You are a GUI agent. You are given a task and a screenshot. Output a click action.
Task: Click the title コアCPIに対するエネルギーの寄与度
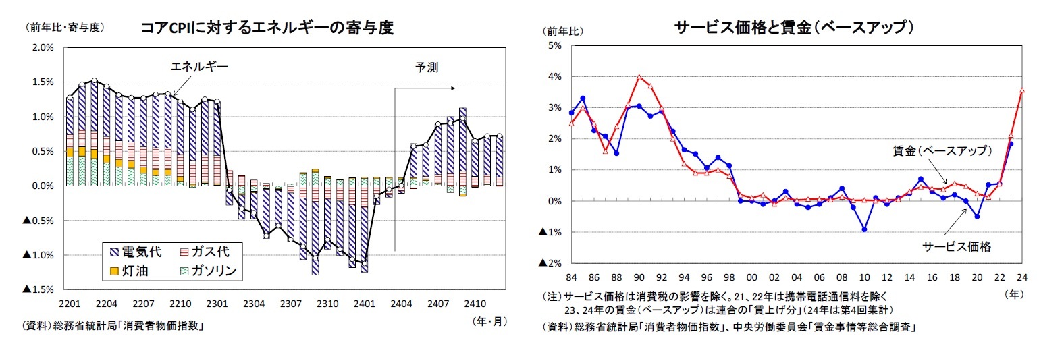click(267, 28)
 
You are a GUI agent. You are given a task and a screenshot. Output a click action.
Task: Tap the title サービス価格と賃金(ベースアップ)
click(794, 28)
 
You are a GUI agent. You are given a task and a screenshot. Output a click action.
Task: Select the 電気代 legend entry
click(135, 252)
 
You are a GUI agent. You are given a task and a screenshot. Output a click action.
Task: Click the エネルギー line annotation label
click(200, 67)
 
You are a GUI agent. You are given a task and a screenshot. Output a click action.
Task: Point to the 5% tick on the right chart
click(556, 46)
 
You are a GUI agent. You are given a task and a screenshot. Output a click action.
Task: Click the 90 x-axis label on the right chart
click(639, 277)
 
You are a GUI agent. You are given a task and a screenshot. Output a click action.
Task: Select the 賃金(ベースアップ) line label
click(942, 150)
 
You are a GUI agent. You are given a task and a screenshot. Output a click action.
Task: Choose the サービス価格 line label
click(957, 246)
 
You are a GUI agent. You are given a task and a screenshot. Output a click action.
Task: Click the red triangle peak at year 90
click(639, 77)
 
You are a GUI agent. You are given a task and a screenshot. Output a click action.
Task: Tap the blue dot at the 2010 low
click(864, 229)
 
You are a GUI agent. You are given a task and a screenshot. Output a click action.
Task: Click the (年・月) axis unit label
click(487, 321)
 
